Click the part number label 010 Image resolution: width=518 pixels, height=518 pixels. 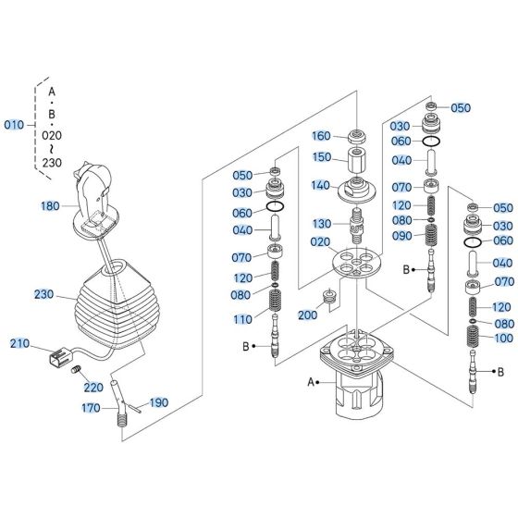[14, 125]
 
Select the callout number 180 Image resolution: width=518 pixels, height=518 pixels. [50, 206]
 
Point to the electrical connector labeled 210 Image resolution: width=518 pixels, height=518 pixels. [60, 356]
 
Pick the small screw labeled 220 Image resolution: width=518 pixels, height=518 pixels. [76, 369]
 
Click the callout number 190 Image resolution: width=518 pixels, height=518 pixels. [159, 402]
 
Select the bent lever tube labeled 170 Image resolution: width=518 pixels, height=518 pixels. [119, 403]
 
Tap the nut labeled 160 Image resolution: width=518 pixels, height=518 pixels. [357, 136]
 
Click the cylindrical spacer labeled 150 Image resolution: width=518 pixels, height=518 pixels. [357, 160]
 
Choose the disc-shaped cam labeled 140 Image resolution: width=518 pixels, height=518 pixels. [356, 190]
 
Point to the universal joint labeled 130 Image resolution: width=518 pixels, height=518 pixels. [357, 226]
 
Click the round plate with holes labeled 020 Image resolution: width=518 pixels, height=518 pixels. [356, 263]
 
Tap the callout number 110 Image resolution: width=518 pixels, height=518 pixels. [242, 319]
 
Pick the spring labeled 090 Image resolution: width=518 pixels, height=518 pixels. [431, 235]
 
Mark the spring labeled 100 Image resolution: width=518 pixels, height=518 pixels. [473, 337]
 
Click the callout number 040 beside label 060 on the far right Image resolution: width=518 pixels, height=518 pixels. [502, 263]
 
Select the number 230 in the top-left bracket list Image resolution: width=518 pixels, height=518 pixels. [52, 163]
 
